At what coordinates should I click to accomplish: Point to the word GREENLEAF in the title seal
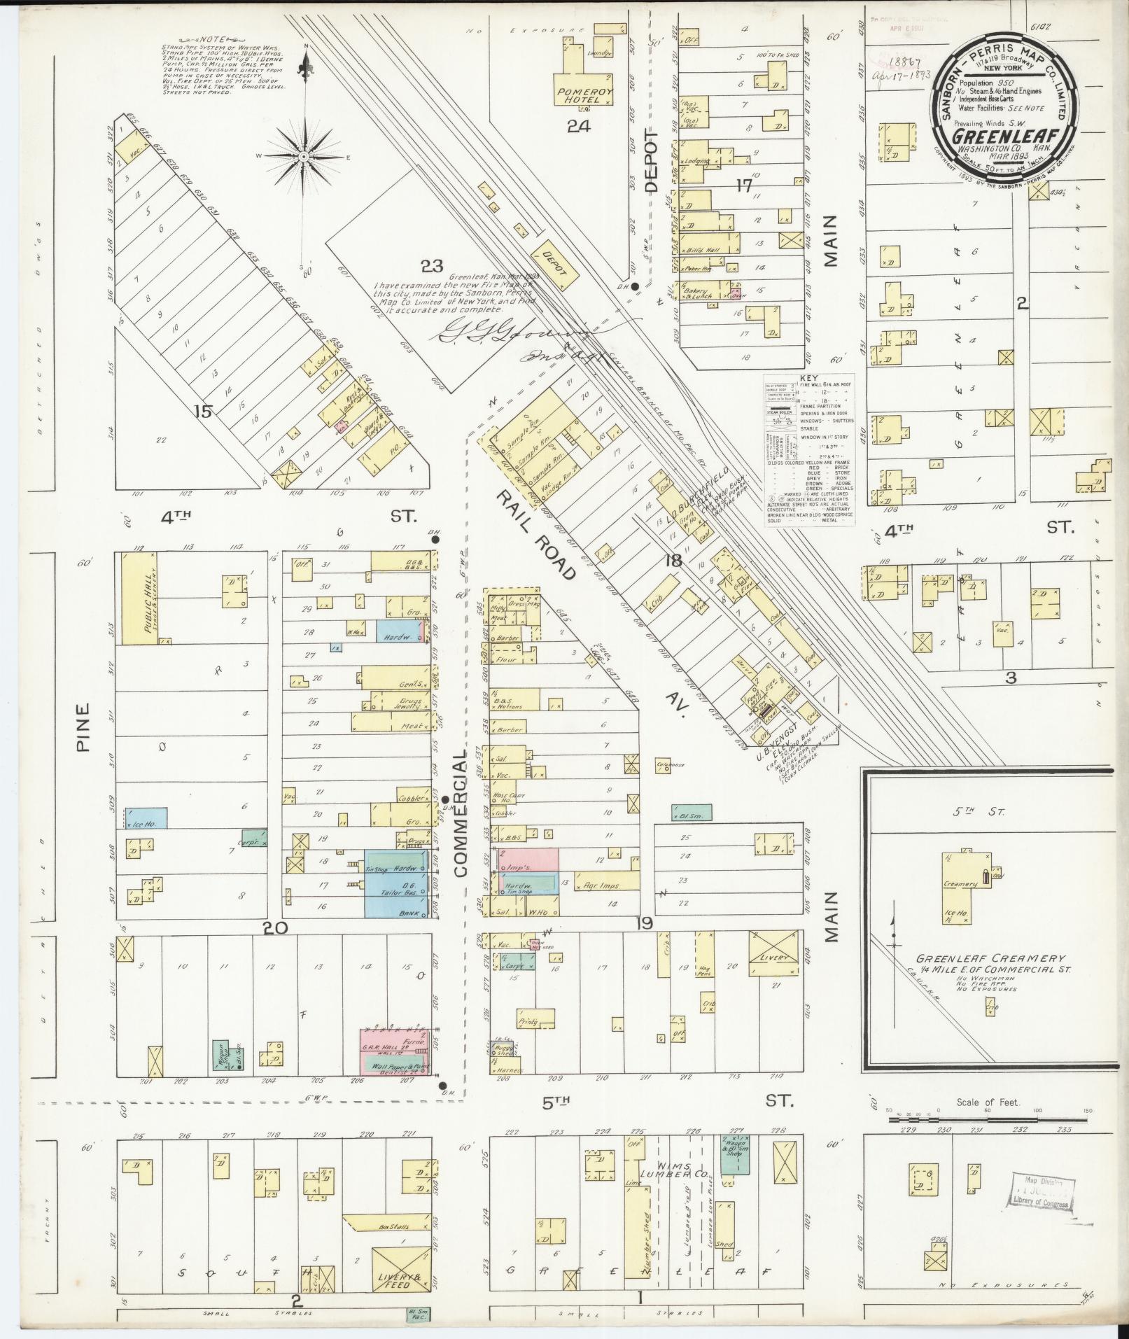(x=1002, y=134)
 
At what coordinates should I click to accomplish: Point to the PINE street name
(x=84, y=727)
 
